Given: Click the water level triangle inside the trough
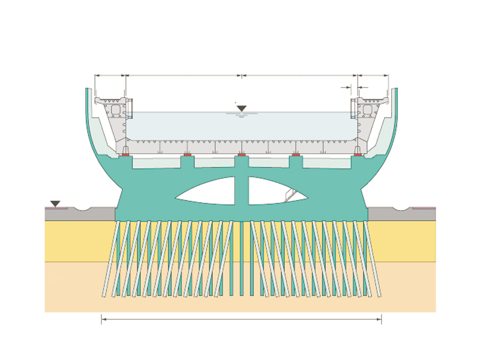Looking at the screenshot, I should (241, 109).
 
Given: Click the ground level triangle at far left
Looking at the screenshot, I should (55, 204).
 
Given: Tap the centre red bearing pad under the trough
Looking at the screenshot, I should (241, 156).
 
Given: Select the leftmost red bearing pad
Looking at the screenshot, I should (126, 156).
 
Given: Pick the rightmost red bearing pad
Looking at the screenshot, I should (358, 156).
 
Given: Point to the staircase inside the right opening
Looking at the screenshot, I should (290, 193).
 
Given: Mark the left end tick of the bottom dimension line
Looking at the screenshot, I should (101, 320).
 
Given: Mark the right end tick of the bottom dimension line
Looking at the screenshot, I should (381, 320).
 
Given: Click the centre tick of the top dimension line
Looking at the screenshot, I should (241, 76).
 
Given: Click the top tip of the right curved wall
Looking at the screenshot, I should (394, 90).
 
